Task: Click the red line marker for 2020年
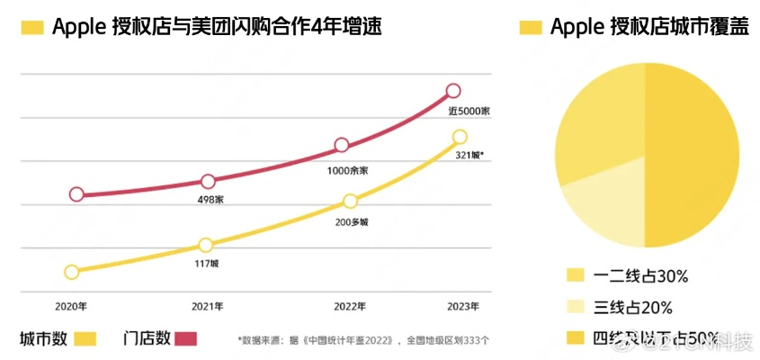76,194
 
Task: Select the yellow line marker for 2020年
72,272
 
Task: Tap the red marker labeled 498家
208,181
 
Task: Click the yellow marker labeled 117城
206,245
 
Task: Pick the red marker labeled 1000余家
342,145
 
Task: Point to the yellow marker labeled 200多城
350,201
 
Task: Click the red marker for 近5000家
453,90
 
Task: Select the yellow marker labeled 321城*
460,137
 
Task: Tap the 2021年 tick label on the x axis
208,307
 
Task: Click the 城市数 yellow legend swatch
85,339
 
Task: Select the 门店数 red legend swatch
185,339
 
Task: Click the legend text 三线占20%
633,308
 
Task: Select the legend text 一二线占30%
639,275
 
